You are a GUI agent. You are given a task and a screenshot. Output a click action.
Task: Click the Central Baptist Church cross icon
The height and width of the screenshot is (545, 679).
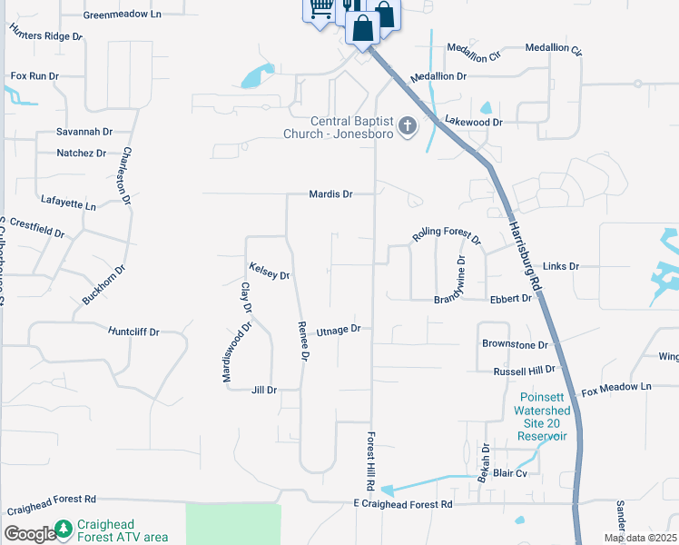pos(408,126)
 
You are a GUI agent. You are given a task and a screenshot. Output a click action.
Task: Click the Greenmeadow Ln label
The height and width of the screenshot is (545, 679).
pos(122,15)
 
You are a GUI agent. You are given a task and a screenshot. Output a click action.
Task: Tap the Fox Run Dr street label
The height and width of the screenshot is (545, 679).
pos(34,76)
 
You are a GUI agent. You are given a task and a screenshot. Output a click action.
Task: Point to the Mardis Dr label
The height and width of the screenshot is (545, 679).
pos(330,194)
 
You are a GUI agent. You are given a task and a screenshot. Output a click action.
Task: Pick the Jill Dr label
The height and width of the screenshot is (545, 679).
pos(263,390)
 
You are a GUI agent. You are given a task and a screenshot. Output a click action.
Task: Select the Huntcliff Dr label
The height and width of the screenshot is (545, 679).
pos(133,332)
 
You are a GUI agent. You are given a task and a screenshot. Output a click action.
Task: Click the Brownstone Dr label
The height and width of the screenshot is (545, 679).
pos(515,345)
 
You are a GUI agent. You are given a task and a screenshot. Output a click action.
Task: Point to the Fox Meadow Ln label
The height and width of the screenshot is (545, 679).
pos(616,388)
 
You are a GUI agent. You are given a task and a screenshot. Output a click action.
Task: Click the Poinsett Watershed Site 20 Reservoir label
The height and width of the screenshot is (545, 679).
pos(543,417)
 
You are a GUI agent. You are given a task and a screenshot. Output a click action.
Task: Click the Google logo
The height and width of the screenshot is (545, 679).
pos(29,534)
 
